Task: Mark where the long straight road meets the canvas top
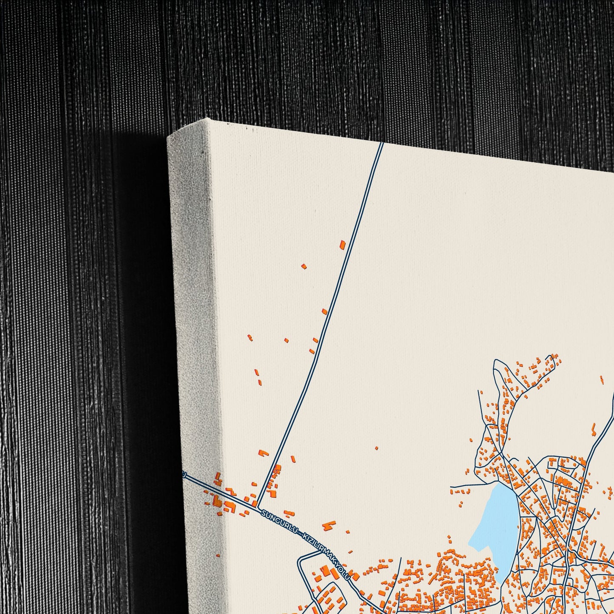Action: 381,143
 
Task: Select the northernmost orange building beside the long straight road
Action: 342,244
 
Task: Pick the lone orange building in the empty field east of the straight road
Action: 376,448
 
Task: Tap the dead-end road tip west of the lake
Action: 451,486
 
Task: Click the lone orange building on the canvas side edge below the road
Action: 218,555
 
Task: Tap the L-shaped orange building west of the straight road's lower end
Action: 263,453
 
